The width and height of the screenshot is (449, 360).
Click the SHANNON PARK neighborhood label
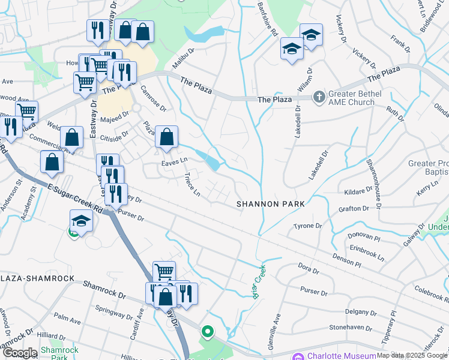[270, 204]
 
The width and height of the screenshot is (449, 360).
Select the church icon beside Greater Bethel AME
[319, 96]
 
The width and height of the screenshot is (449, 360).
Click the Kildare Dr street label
[360, 191]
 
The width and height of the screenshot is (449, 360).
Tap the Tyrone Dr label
[308, 226]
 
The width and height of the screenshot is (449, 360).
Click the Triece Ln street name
[192, 184]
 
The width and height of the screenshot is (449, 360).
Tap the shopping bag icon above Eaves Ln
[166, 137]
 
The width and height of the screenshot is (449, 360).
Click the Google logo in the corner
[19, 353]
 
